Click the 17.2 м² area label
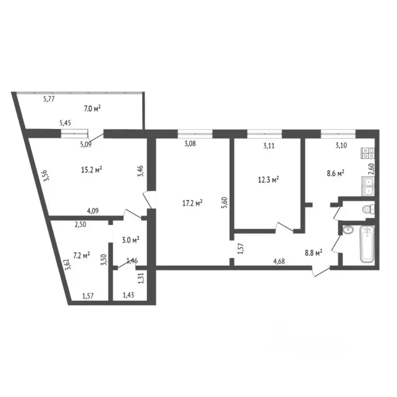click(x=191, y=203)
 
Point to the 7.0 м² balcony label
click(x=92, y=109)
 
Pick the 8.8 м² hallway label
click(x=312, y=253)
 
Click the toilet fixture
click(x=368, y=209)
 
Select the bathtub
click(x=367, y=244)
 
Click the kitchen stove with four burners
click(x=369, y=152)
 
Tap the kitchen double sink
click(x=369, y=185)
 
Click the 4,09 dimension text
click(x=93, y=210)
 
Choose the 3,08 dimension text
click(x=190, y=144)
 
